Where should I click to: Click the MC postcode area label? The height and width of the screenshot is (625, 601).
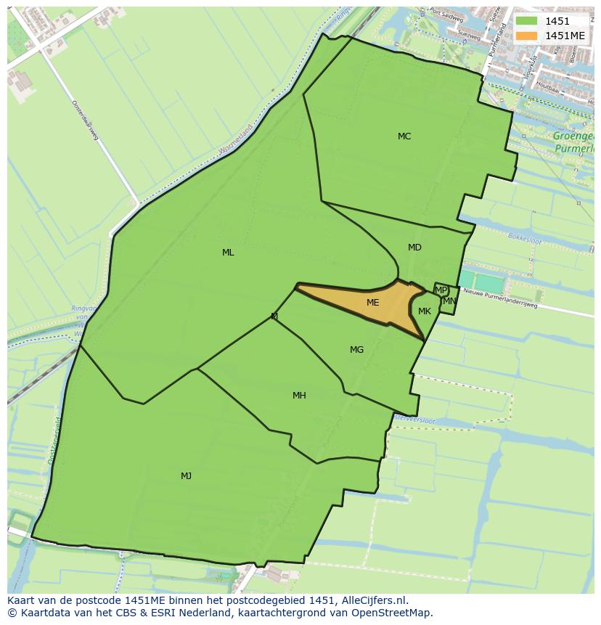point(404,136)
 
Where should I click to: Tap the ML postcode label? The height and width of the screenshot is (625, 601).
point(228,253)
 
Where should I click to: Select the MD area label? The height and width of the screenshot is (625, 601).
point(414,248)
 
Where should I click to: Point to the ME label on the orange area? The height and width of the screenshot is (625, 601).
point(372,303)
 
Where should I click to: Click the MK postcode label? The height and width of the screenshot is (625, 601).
point(425,311)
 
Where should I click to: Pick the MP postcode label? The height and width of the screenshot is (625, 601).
point(441,290)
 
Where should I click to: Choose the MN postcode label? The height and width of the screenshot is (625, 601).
point(449,301)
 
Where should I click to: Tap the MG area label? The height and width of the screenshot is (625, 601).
point(356,350)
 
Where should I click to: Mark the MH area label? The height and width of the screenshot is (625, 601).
point(299,396)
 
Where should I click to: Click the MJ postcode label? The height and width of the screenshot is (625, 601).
point(186,476)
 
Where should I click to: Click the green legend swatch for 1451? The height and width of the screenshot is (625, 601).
point(527,22)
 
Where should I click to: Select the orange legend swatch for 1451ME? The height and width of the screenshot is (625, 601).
point(527,36)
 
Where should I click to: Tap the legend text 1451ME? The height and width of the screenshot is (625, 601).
point(565,36)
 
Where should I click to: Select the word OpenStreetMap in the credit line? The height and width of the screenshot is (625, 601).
point(397,613)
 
